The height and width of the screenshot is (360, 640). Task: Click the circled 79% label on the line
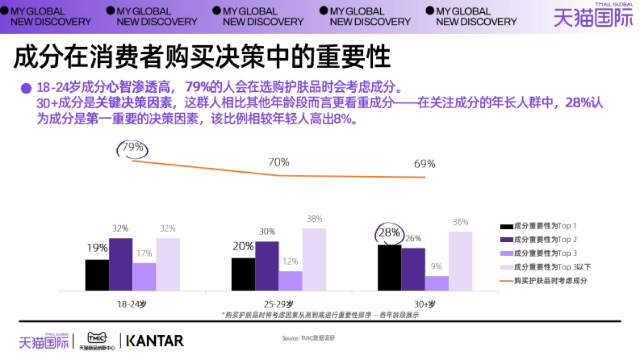click(x=132, y=148)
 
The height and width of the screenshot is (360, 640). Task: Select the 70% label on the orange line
click(x=278, y=162)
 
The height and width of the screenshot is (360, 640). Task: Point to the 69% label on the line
click(x=425, y=164)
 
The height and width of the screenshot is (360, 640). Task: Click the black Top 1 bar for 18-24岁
click(x=97, y=275)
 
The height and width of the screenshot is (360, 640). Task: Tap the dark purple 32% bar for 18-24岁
click(x=121, y=265)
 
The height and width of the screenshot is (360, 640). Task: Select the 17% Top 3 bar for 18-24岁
click(x=144, y=277)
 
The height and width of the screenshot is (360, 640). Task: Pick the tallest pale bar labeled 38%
click(x=314, y=260)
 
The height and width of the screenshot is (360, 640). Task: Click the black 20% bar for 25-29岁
click(x=243, y=274)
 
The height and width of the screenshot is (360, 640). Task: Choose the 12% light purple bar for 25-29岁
click(x=290, y=281)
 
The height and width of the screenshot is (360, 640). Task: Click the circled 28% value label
click(x=388, y=233)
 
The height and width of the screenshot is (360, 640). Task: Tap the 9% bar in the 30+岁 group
click(x=437, y=283)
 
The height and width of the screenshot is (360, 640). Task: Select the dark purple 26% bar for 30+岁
click(x=413, y=269)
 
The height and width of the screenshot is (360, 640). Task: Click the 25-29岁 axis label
click(x=278, y=304)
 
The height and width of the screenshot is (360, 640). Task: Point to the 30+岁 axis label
click(x=425, y=304)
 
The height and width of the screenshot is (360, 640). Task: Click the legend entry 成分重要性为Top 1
click(x=539, y=226)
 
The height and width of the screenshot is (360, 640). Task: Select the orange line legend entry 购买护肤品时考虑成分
click(x=543, y=281)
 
